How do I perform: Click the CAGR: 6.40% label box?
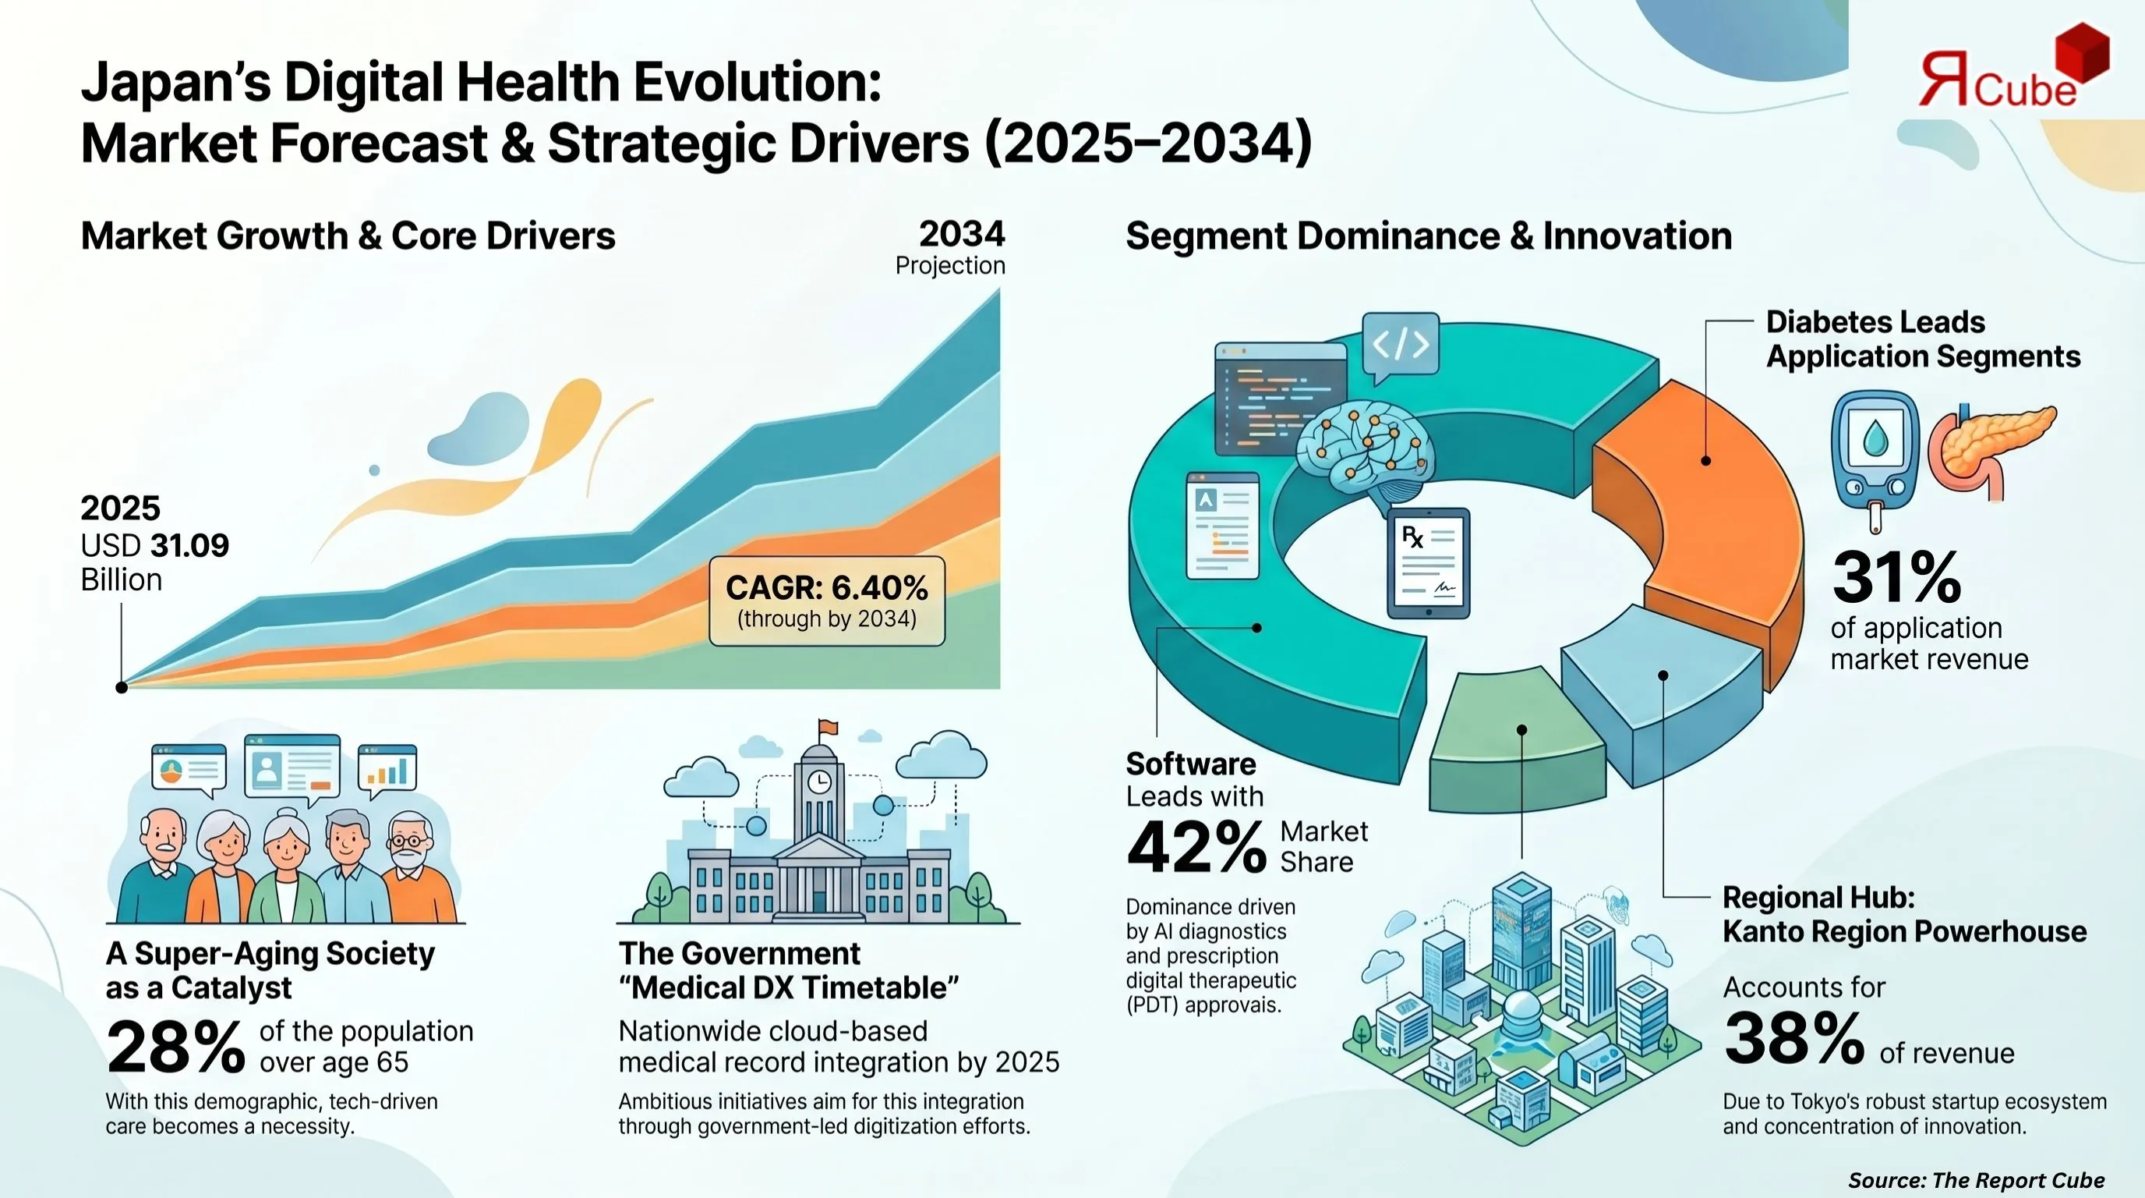(x=827, y=601)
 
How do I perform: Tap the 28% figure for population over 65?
(x=175, y=1047)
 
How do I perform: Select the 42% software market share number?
(x=1196, y=847)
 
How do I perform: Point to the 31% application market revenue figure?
(x=1897, y=577)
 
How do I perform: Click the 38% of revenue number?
(x=1793, y=1038)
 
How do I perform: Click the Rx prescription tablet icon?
(x=1428, y=562)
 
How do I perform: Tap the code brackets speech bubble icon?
(x=1401, y=344)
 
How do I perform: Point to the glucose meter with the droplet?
(x=1875, y=454)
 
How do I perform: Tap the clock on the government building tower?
(x=819, y=782)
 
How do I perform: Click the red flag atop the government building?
(x=829, y=727)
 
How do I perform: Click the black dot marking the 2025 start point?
(x=122, y=687)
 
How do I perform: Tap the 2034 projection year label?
(x=962, y=234)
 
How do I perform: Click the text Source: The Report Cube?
(x=1976, y=1180)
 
